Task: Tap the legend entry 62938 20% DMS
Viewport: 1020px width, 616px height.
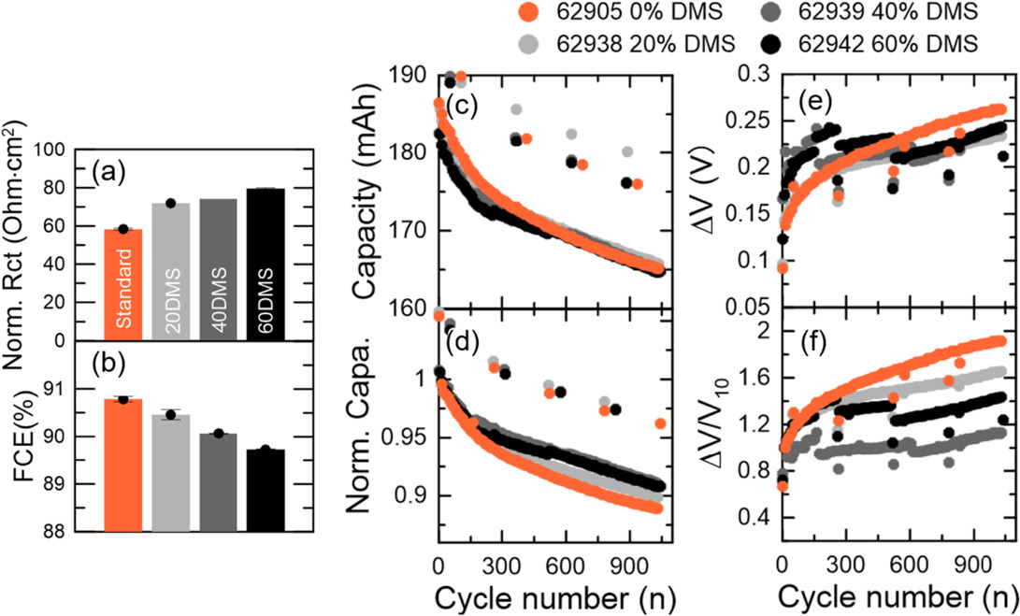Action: pos(622,43)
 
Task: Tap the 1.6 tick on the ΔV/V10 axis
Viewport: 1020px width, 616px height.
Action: pos(754,377)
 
